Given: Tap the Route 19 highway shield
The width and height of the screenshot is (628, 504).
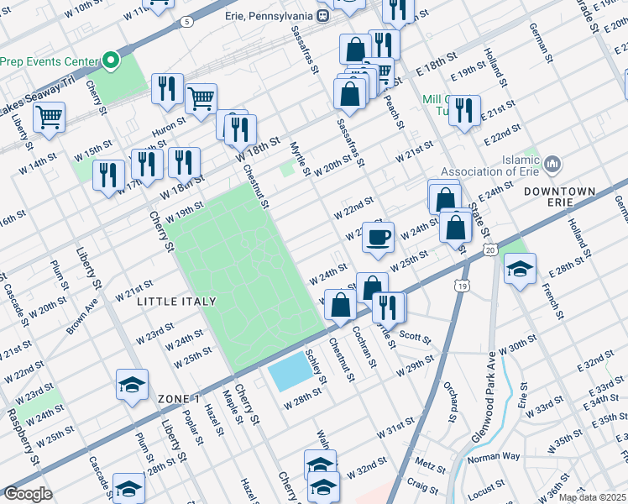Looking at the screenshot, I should [462, 286].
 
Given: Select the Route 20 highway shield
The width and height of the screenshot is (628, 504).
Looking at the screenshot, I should [491, 249].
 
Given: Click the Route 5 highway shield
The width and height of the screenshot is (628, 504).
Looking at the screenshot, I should [186, 20].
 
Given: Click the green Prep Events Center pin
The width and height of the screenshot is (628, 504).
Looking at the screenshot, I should [109, 60].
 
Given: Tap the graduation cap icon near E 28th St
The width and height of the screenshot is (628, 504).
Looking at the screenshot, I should [521, 270].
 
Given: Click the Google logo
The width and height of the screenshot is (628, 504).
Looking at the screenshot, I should [28, 494].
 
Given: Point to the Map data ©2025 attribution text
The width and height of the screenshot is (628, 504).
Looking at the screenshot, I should [592, 497].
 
